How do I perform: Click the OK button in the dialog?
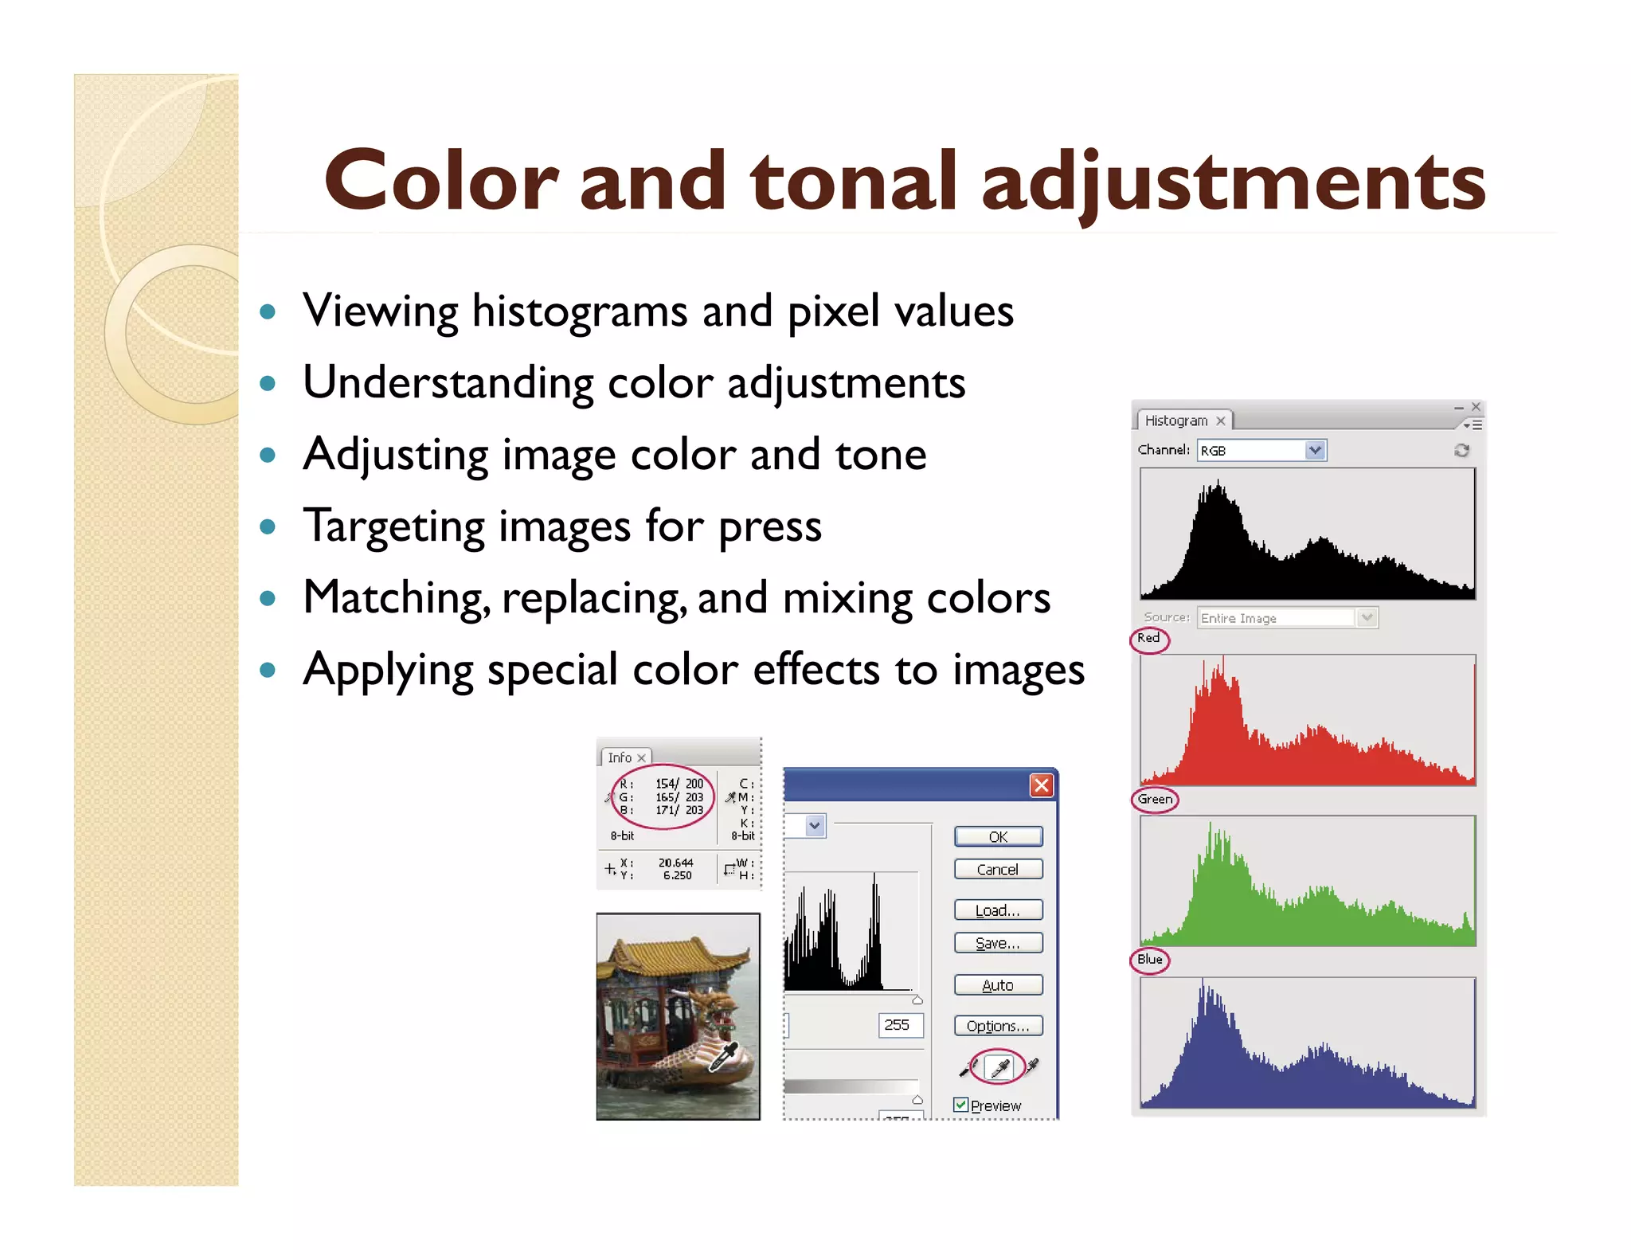(x=998, y=836)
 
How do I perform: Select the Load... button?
(x=998, y=910)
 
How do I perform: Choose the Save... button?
(x=998, y=943)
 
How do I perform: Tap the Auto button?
(x=998, y=985)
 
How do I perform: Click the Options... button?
(x=998, y=1026)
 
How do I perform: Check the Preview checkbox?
(x=961, y=1105)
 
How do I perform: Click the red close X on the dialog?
(x=1041, y=785)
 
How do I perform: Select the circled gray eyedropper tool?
(x=999, y=1067)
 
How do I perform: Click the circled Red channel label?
(x=1148, y=638)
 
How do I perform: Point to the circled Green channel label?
(x=1155, y=799)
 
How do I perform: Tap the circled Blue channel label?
(x=1149, y=959)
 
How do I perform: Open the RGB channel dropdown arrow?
(x=1315, y=450)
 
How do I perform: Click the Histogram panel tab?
(x=1176, y=421)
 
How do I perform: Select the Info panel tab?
(x=620, y=757)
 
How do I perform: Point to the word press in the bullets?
(x=769, y=527)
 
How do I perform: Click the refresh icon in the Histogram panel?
(x=1461, y=450)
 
